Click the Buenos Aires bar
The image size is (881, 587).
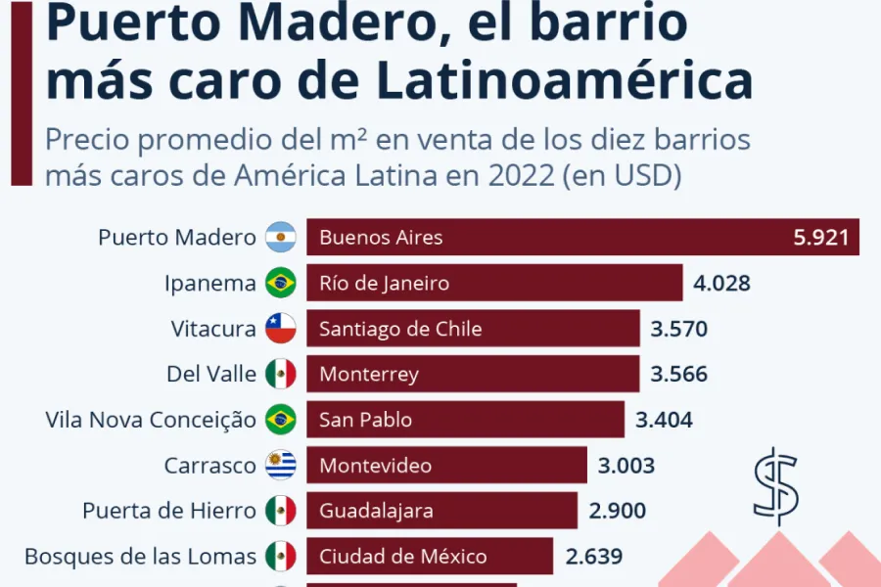click(582, 237)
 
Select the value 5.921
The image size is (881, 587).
click(820, 238)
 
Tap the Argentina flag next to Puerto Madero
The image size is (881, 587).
click(281, 238)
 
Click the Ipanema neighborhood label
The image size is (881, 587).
click(209, 284)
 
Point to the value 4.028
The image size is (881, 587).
click(722, 284)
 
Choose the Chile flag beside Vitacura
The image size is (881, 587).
click(281, 329)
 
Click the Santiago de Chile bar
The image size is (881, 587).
click(473, 329)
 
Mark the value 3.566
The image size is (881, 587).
click(678, 375)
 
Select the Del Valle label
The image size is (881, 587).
click(211, 375)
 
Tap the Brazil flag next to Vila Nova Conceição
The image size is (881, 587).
click(281, 420)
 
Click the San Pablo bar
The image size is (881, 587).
click(465, 420)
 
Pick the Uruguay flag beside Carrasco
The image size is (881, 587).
click(281, 466)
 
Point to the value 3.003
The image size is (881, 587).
click(626, 466)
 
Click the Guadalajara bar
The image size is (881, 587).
click(441, 511)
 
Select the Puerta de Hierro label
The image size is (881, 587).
click(169, 511)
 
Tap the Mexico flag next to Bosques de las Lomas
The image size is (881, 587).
click(281, 557)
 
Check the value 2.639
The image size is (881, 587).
click(594, 557)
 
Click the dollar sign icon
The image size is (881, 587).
click(775, 486)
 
